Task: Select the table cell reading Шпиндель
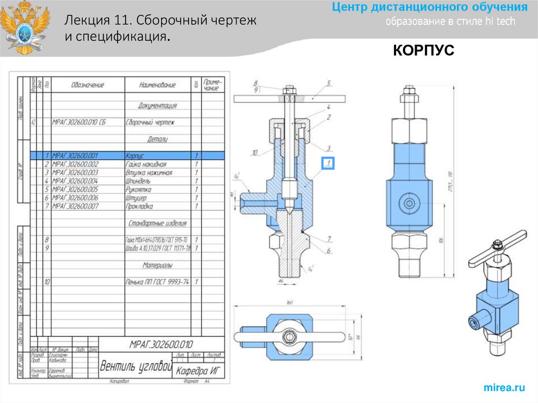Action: click(138, 181)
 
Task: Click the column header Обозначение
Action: click(88, 85)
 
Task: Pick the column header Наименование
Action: click(157, 85)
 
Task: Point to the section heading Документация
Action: click(157, 106)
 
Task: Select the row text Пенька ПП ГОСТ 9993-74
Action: click(157, 282)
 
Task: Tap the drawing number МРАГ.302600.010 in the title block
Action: click(161, 345)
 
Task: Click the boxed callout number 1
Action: click(328, 163)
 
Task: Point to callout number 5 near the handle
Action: click(328, 84)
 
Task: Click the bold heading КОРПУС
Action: click(423, 50)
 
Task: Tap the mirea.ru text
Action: click(504, 388)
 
